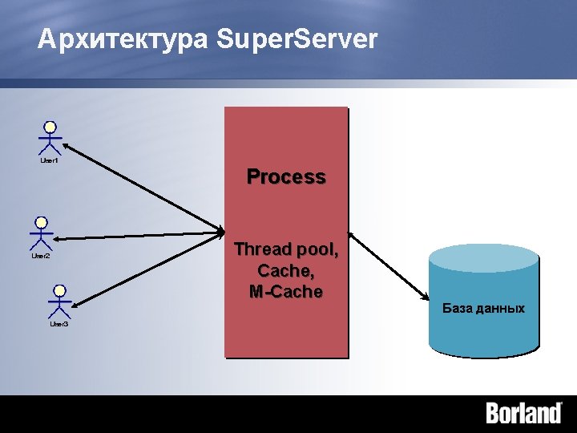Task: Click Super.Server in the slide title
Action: coord(297,39)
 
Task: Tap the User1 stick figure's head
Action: coord(50,127)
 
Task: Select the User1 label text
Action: coord(50,161)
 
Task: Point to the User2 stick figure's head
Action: coord(41,222)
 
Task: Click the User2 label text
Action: coord(41,256)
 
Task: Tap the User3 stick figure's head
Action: coord(59,290)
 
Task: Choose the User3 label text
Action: coord(59,324)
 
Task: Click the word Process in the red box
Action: coord(286,176)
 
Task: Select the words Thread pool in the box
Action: coord(286,250)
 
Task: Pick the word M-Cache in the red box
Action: coord(286,292)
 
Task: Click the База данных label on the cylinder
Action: coord(483,309)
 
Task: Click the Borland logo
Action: coord(524,414)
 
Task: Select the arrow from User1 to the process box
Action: coord(144,188)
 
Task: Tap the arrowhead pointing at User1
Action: coord(66,147)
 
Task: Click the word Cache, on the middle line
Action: coord(286,271)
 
